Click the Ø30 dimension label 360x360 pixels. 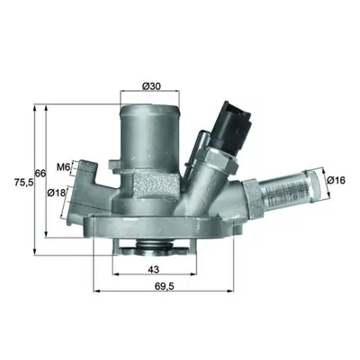click(152, 86)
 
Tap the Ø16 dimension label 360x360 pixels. click(337, 180)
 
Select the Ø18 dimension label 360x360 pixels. click(56, 193)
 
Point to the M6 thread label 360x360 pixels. click(63, 167)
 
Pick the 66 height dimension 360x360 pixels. click(40, 173)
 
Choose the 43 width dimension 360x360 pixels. click(154, 270)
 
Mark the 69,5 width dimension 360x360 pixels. click(164, 286)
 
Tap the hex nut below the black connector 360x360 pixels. click(220, 158)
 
